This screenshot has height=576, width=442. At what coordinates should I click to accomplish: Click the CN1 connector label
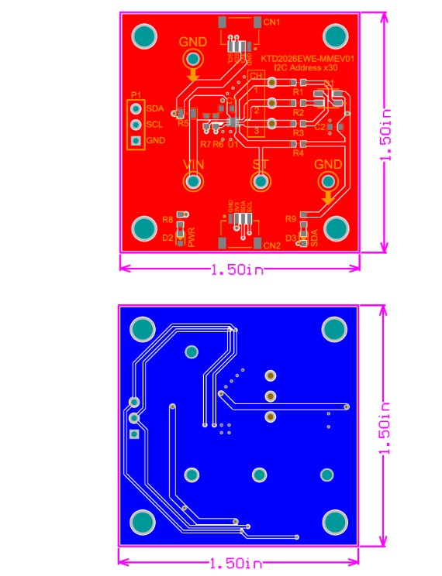(x=271, y=22)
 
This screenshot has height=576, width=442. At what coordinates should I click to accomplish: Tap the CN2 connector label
(x=271, y=245)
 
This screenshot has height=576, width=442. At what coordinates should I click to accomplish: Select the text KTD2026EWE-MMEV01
(x=308, y=59)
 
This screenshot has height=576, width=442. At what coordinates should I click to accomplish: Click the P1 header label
(x=136, y=94)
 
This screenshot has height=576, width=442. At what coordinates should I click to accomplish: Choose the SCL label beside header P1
(x=154, y=125)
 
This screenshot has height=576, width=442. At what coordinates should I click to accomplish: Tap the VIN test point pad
(x=193, y=181)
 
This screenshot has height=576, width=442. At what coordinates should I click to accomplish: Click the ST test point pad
(x=261, y=181)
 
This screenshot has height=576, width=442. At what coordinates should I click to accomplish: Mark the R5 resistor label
(x=183, y=123)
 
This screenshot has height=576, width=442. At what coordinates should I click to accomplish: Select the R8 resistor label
(x=167, y=221)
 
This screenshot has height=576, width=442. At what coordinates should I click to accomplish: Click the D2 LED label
(x=167, y=238)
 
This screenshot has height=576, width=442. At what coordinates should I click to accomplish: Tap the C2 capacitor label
(x=319, y=126)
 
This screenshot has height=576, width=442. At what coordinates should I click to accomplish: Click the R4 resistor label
(x=298, y=153)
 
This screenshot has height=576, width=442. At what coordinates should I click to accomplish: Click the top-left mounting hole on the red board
(x=143, y=36)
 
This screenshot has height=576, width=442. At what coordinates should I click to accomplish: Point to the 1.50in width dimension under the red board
(x=240, y=269)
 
